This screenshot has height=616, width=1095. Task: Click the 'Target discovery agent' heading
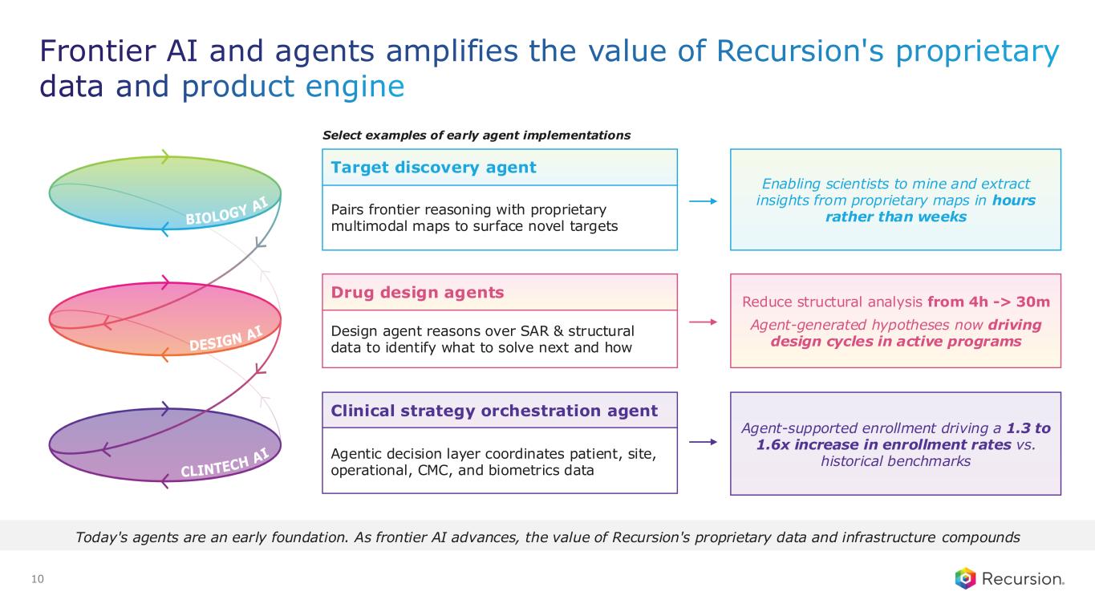[x=433, y=168]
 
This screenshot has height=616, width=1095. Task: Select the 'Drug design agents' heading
[x=417, y=292]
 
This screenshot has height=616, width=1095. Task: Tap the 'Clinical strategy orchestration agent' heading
[x=493, y=411]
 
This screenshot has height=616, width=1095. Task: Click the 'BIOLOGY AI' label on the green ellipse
[x=227, y=211]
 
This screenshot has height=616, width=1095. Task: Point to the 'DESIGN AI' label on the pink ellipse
[x=226, y=338]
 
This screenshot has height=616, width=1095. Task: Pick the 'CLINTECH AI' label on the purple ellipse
[x=225, y=463]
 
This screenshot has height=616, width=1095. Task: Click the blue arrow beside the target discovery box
[x=703, y=201]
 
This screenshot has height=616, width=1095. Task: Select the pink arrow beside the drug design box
[x=703, y=322]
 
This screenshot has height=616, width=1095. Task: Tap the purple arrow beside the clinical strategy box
[x=703, y=442]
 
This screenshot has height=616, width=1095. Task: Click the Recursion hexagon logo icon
[x=965, y=578]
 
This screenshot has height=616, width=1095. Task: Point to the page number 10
[x=38, y=579]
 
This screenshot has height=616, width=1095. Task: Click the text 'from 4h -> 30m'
[x=988, y=302]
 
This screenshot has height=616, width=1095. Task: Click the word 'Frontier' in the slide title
[x=97, y=51]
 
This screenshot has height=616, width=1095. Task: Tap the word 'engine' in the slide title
[x=355, y=87]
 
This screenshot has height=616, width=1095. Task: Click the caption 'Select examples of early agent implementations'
[x=477, y=136]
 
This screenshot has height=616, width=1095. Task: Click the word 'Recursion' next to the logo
[x=1023, y=579]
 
